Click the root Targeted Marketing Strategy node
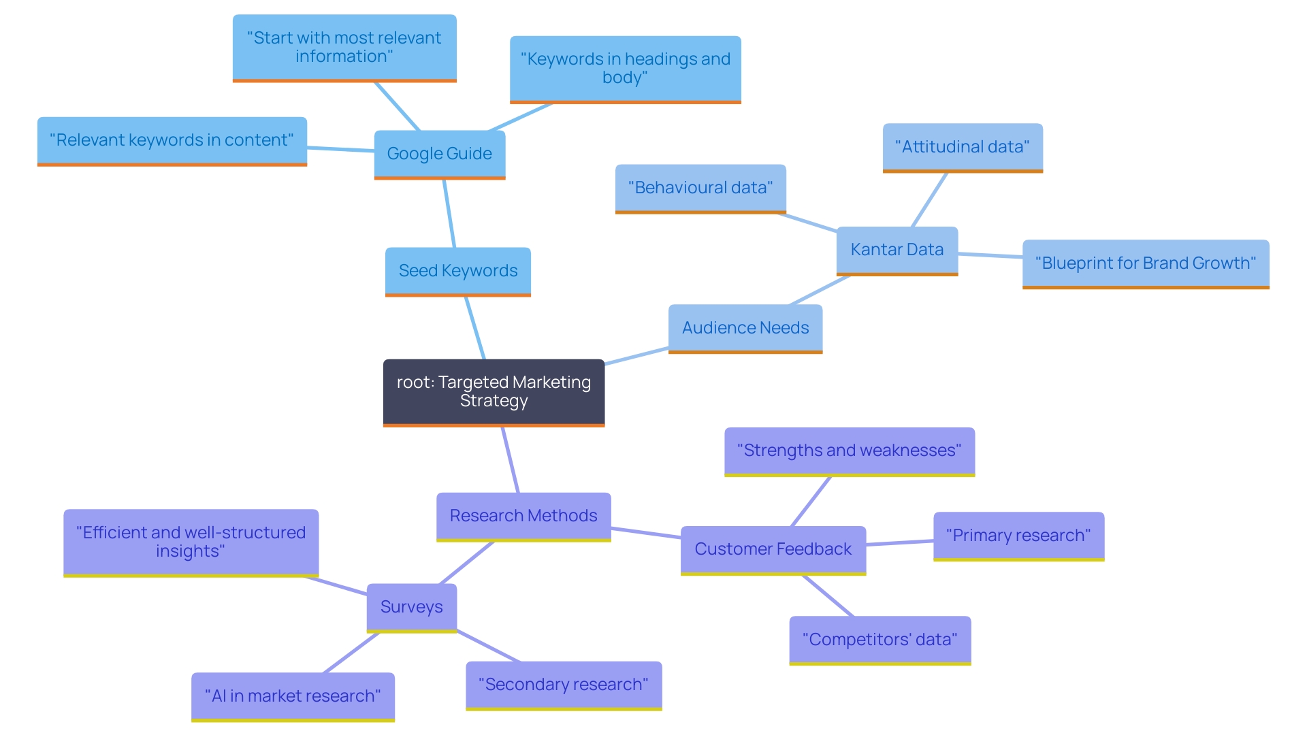tap(494, 392)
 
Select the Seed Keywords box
tap(457, 271)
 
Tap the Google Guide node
tap(439, 154)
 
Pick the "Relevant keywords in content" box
tap(172, 140)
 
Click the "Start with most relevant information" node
tap(344, 48)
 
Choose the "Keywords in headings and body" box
tap(625, 69)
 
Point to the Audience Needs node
tap(745, 328)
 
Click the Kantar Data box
tap(897, 250)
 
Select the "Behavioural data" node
tap(700, 188)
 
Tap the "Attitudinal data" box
tap(962, 147)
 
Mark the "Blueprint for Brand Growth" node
tap(1145, 263)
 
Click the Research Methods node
tap(523, 516)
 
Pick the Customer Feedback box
tap(773, 549)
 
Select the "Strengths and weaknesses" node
tap(849, 451)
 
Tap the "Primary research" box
tap(1018, 536)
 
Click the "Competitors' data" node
tap(880, 640)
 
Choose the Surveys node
tap(411, 607)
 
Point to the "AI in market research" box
tap(293, 696)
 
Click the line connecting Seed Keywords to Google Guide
tap(449, 214)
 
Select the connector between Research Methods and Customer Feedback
tap(645, 532)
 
